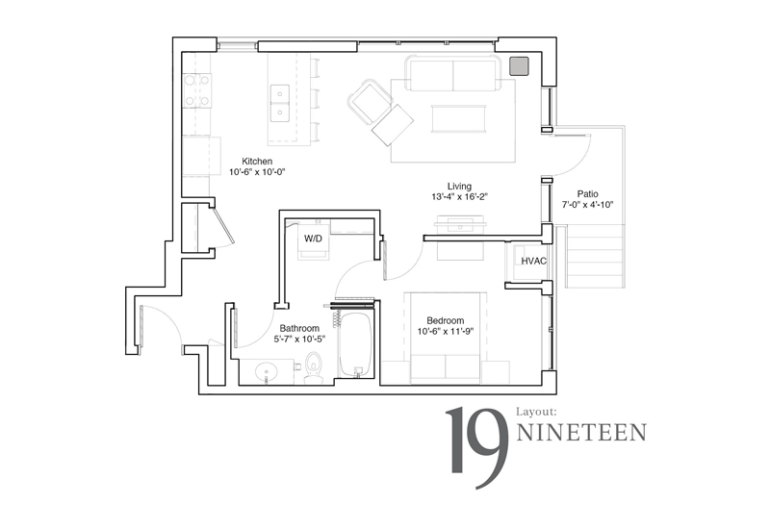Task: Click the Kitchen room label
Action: pos(257,161)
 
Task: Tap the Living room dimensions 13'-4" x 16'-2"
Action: pos(460,197)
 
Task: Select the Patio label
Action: pos(588,194)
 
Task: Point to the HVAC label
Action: pos(534,261)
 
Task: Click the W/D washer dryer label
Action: pos(314,239)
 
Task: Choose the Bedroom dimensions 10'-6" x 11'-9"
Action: pos(446,332)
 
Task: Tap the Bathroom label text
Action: pos(299,328)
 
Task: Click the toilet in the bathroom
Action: pos(313,368)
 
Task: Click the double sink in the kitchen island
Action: pos(280,103)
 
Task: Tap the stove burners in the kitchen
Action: pos(197,90)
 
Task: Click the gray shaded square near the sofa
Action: pos(519,65)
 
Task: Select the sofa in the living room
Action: pos(452,74)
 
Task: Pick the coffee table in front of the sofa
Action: pos(459,118)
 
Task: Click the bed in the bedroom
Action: pos(446,338)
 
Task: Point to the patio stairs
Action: pos(595,256)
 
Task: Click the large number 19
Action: pos(476,447)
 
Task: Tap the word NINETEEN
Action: pos(582,433)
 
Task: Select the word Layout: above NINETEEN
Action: pos(537,413)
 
